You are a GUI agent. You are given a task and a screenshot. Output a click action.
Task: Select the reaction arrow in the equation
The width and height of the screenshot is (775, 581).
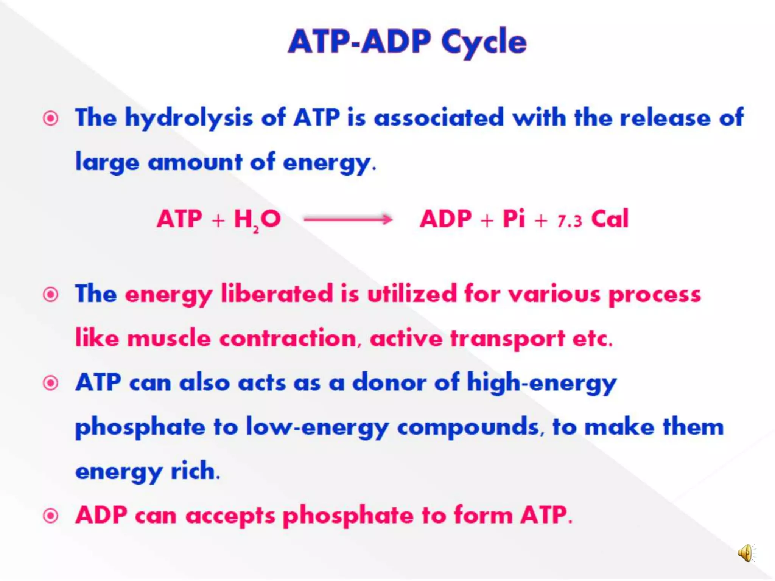348,219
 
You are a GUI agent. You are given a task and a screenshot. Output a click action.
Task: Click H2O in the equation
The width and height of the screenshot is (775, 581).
257,220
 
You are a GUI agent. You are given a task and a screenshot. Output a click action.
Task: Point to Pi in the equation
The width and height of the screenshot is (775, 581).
514,219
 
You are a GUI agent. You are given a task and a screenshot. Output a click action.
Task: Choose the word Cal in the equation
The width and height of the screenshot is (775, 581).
610,219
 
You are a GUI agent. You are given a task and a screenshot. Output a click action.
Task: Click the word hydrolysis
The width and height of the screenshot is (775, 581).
189,118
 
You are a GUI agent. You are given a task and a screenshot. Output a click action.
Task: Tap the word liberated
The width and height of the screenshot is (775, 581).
277,294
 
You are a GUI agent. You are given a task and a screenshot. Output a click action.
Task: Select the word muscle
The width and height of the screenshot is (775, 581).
169,338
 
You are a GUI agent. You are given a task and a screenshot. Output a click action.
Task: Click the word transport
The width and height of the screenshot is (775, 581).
507,339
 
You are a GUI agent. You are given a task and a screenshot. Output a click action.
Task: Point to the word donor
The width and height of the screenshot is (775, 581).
389,382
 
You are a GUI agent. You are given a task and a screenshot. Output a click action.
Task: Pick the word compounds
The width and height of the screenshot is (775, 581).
468,427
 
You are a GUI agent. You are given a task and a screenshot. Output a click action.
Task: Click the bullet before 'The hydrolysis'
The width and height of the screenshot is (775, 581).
51,118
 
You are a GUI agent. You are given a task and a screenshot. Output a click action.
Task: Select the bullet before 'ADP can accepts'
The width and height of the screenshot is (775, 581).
51,516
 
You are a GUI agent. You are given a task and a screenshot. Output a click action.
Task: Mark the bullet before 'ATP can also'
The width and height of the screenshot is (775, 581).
51,383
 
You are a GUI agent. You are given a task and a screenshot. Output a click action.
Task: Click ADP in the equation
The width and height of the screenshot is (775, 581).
446,219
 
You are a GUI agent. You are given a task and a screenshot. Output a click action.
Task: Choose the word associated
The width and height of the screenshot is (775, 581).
439,118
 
